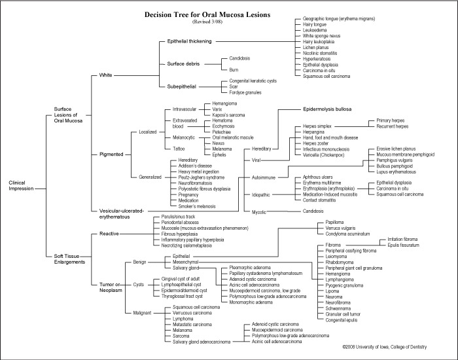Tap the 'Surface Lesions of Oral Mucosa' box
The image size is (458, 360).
(68, 115)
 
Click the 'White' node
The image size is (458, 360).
(106, 75)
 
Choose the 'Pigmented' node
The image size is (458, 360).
(111, 154)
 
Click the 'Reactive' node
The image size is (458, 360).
(109, 233)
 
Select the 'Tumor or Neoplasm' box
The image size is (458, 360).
(109, 287)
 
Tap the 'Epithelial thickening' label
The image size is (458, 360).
(189, 41)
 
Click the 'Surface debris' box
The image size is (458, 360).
(183, 64)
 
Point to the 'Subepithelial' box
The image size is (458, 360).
(181, 86)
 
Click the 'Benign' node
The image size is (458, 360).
(140, 262)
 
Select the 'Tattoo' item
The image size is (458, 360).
(179, 149)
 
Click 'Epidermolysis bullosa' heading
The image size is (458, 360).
(327, 109)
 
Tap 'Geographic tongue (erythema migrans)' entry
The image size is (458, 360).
(339, 18)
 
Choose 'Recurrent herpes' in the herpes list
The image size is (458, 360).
(393, 126)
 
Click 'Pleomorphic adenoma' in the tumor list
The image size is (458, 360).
(250, 267)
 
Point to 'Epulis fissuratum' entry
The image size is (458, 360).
(403, 245)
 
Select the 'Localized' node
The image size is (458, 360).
(148, 132)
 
